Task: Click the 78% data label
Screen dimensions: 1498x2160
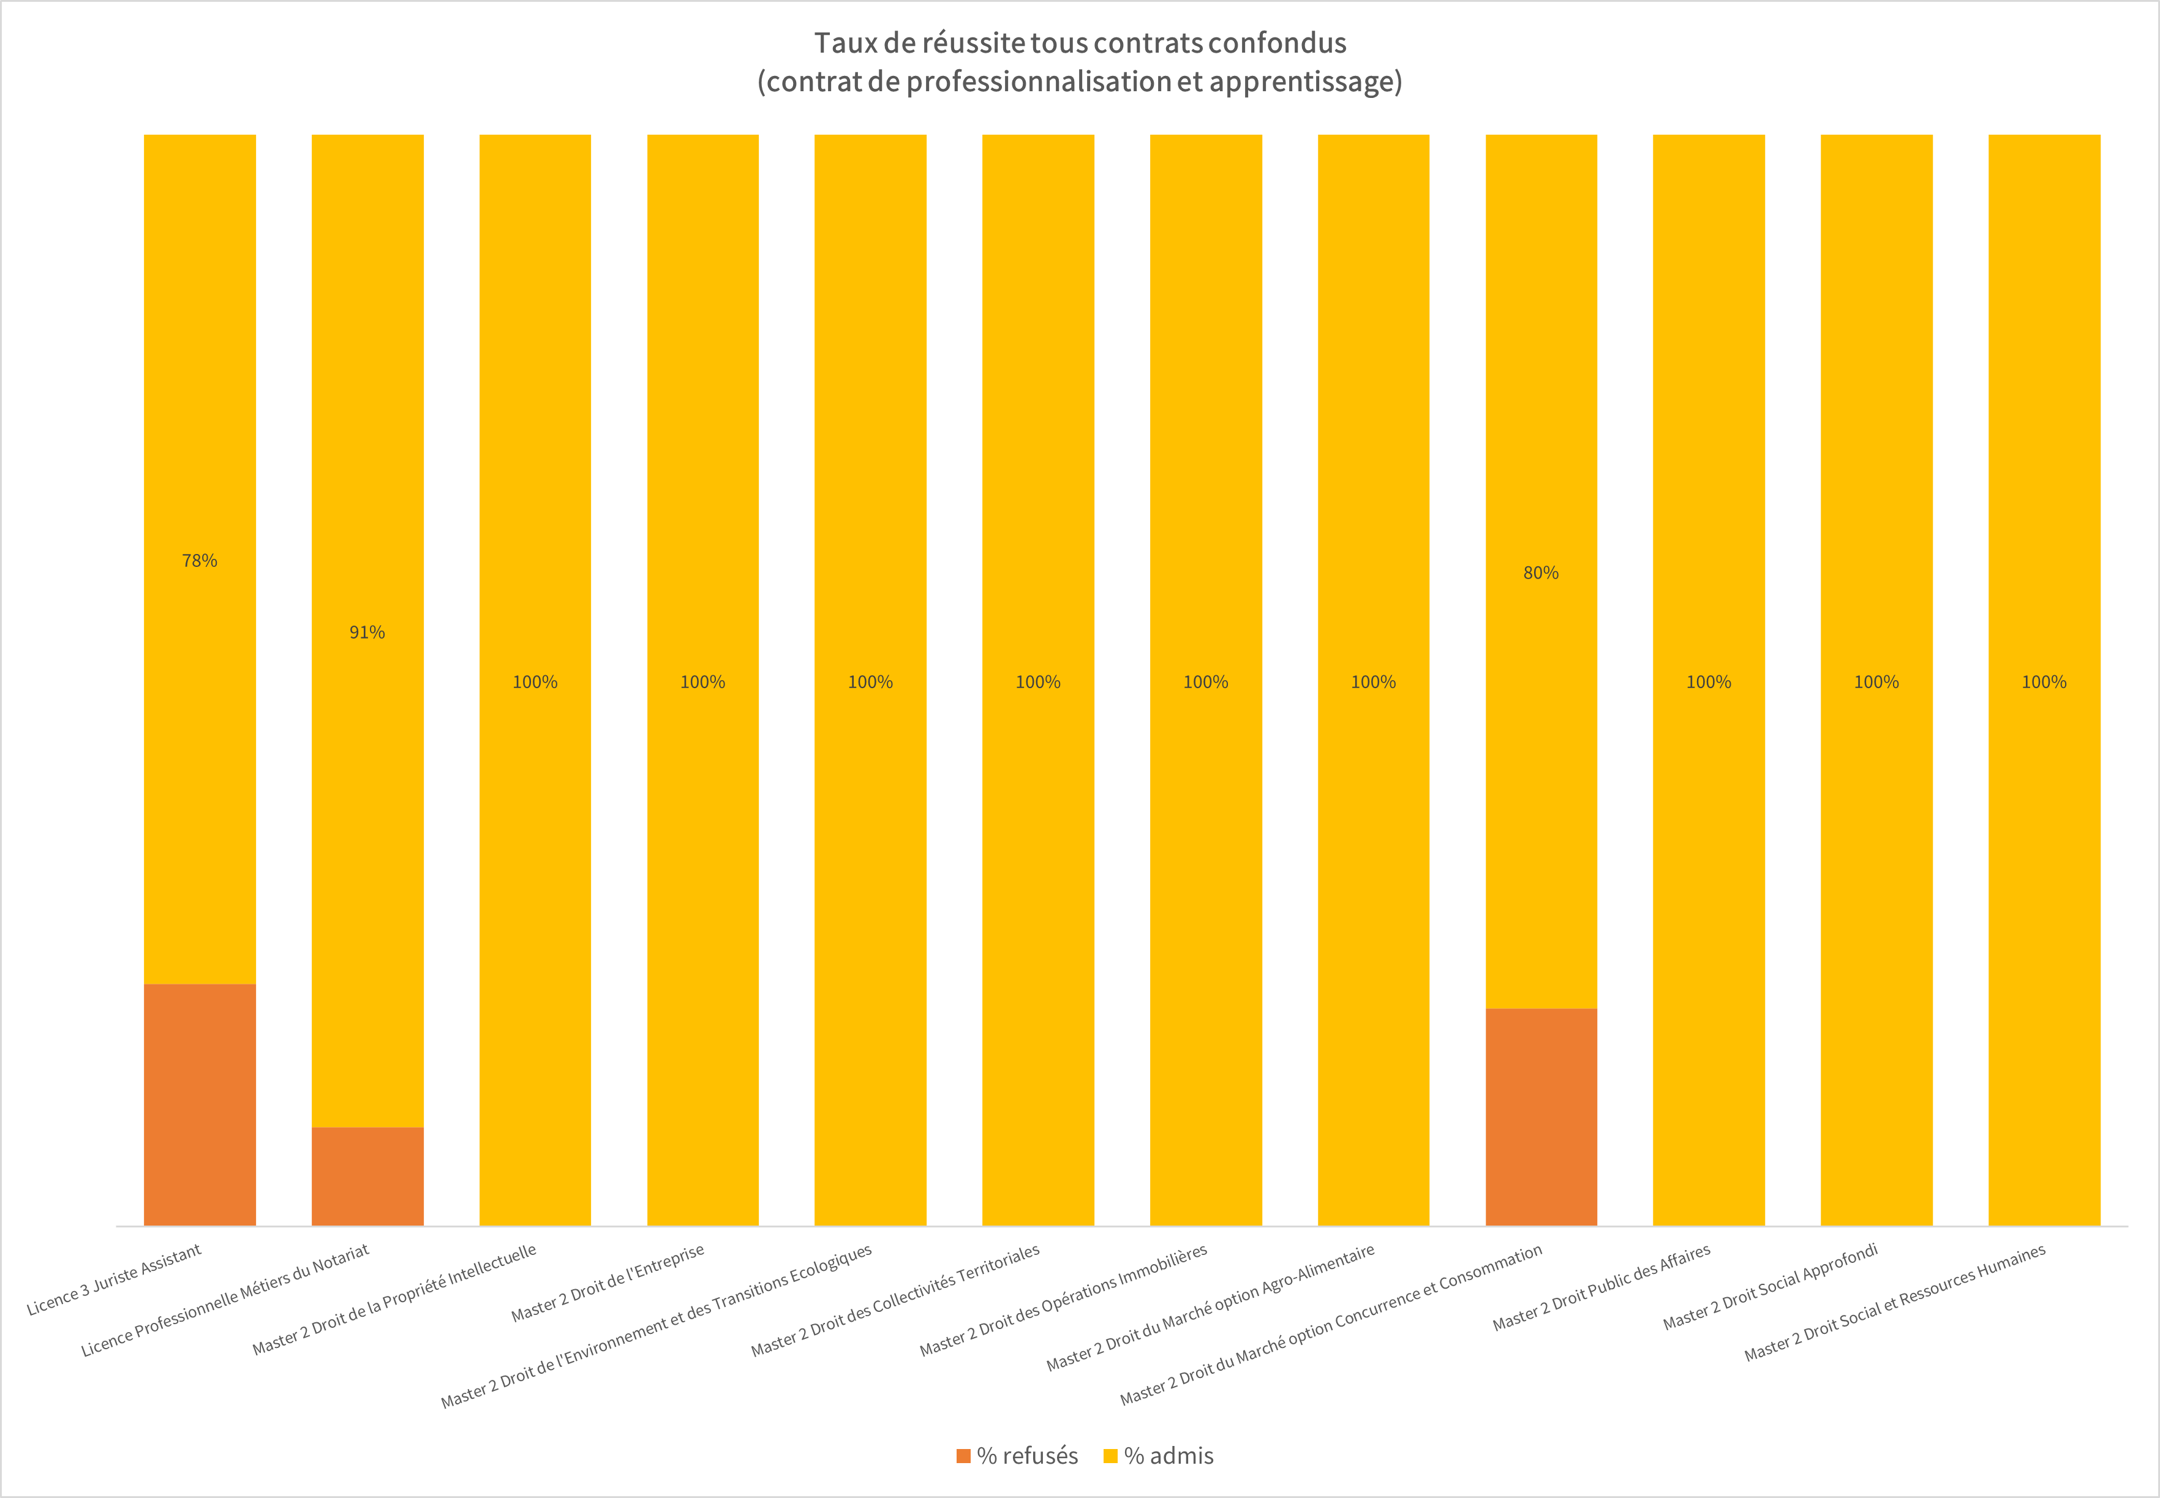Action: [x=199, y=560]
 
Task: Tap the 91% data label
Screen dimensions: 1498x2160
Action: [x=367, y=632]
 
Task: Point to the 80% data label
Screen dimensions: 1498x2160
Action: [x=1540, y=572]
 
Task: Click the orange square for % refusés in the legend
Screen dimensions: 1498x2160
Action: [x=963, y=1456]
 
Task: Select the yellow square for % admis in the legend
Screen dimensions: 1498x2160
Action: [x=1110, y=1456]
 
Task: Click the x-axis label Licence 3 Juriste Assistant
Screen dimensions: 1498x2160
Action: [x=115, y=1279]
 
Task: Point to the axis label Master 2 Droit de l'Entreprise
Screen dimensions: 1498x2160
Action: [x=608, y=1284]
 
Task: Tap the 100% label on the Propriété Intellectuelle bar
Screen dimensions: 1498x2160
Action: [x=535, y=683]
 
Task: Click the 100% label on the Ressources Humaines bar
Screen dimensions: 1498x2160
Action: [x=2044, y=683]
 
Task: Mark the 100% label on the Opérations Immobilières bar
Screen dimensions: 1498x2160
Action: [x=1205, y=683]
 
